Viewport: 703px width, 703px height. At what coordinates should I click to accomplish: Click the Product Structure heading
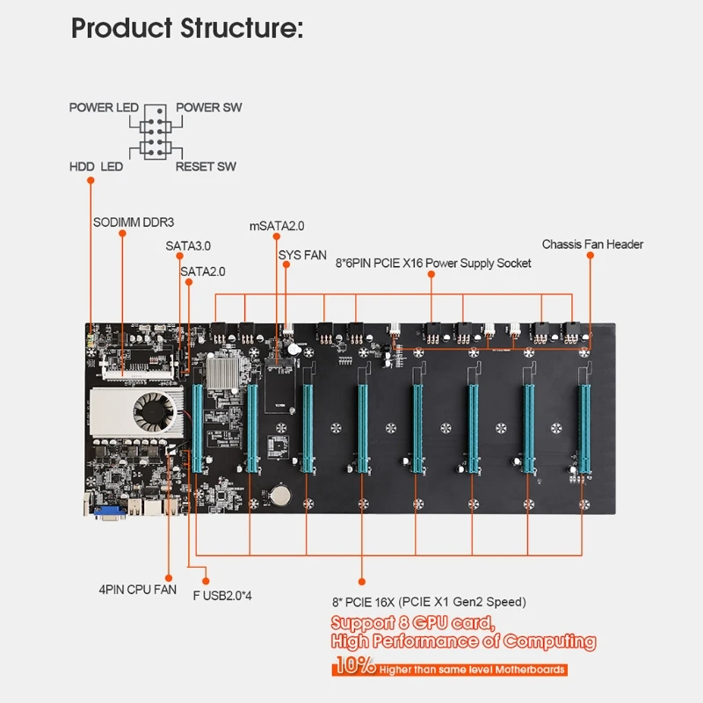pyautogui.click(x=187, y=28)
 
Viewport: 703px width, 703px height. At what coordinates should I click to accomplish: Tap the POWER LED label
pyautogui.click(x=104, y=107)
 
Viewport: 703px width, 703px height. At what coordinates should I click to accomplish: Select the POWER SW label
pyautogui.click(x=208, y=107)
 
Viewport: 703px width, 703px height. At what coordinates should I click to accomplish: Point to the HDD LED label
pyautogui.click(x=96, y=167)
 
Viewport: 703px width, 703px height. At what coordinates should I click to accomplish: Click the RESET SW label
pyautogui.click(x=206, y=167)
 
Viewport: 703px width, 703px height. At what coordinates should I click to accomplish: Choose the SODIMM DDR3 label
pyautogui.click(x=134, y=222)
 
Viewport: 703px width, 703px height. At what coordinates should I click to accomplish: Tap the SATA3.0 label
pyautogui.click(x=188, y=246)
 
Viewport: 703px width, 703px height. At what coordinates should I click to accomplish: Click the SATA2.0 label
pyautogui.click(x=203, y=272)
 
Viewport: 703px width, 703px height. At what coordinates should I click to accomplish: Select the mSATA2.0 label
pyautogui.click(x=277, y=226)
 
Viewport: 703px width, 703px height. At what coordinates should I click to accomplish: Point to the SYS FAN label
pyautogui.click(x=302, y=255)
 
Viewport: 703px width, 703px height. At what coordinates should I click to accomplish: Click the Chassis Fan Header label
pyautogui.click(x=592, y=244)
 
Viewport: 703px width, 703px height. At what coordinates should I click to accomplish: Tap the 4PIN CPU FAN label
pyautogui.click(x=138, y=590)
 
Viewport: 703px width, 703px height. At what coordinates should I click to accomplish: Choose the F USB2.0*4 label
pyautogui.click(x=222, y=596)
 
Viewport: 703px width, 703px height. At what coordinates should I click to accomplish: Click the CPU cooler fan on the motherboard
pyautogui.click(x=155, y=412)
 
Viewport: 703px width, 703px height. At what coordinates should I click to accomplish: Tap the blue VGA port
pyautogui.click(x=109, y=512)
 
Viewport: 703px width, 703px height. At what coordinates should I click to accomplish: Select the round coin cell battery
pyautogui.click(x=280, y=495)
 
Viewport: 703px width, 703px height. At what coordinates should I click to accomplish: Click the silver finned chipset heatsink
pyautogui.click(x=222, y=372)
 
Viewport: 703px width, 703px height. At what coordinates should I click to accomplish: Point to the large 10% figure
pyautogui.click(x=355, y=665)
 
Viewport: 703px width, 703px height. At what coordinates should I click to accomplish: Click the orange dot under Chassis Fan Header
pyautogui.click(x=590, y=255)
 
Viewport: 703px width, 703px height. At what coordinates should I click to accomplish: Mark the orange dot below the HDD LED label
pyautogui.click(x=91, y=180)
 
